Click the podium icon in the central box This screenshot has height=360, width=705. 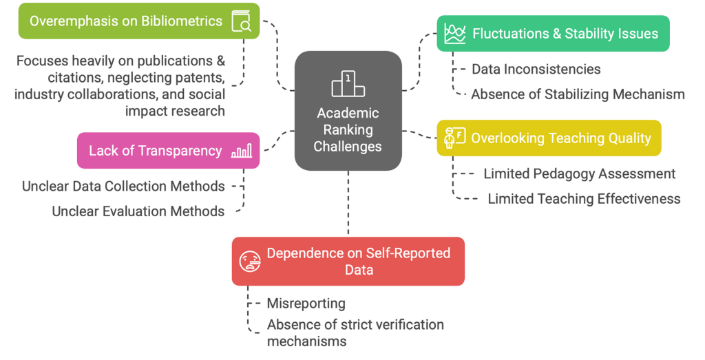point(348,85)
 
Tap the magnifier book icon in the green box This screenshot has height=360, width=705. point(241,22)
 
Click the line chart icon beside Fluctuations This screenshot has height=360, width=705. point(454,33)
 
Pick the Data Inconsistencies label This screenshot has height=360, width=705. point(536,69)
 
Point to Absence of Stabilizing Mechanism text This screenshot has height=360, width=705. point(578,94)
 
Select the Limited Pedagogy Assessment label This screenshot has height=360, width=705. point(579,173)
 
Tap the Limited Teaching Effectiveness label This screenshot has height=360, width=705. point(584,199)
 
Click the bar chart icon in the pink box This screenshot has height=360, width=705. point(241,151)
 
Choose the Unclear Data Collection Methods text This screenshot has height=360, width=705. point(123,186)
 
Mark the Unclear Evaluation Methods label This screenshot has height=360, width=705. point(138,211)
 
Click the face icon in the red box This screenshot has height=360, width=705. point(249,262)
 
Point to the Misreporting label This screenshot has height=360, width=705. point(306,304)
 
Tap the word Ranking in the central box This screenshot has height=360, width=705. point(348,129)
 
